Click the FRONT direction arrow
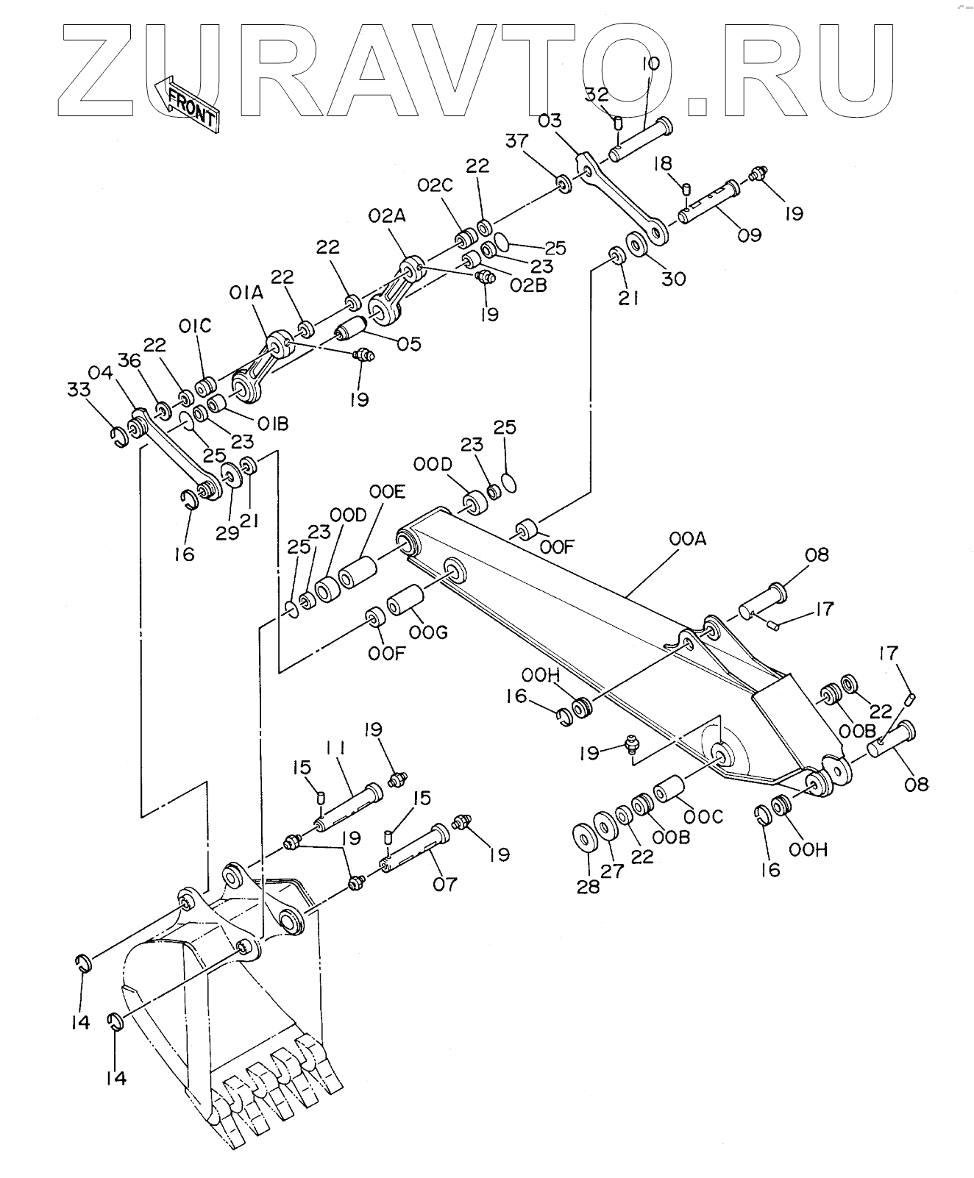(188, 105)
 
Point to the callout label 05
(409, 343)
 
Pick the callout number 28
(588, 886)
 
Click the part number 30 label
(673, 279)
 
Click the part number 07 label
(444, 882)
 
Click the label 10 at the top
(650, 65)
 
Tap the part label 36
(129, 360)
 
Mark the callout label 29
(227, 533)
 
